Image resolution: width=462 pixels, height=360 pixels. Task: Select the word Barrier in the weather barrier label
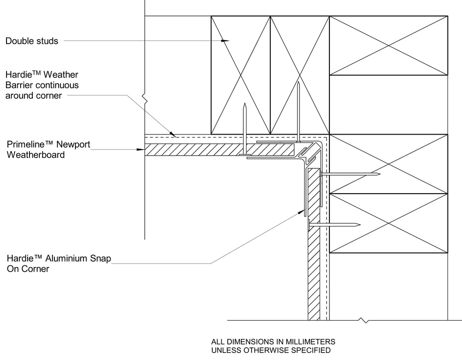[18, 85]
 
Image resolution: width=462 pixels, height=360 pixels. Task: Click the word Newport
[66, 144]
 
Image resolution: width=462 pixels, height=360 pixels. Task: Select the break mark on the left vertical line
[146, 100]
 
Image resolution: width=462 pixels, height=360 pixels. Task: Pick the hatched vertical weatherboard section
[313, 262]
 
